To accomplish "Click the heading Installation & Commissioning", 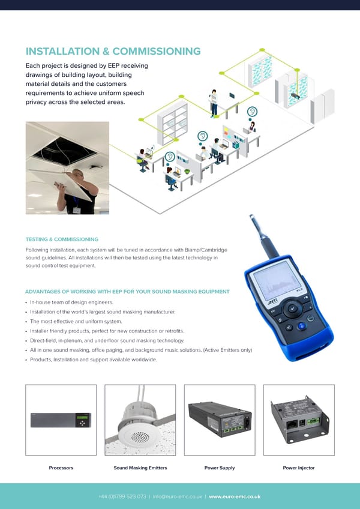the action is click(113, 51).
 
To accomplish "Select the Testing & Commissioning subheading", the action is click(62, 239).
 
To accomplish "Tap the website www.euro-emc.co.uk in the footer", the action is click(235, 496).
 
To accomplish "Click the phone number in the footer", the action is click(122, 496).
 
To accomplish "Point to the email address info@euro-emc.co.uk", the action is click(178, 496).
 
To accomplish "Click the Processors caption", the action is click(61, 468).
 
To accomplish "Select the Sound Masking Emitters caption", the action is click(140, 468).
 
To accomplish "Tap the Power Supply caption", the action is click(220, 468).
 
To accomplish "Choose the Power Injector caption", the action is click(299, 468).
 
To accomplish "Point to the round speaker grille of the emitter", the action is click(140, 437).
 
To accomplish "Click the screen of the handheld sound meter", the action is click(272, 280).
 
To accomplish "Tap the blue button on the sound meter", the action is click(302, 325).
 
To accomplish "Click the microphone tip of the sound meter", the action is click(252, 218).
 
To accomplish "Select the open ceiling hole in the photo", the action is click(65, 151).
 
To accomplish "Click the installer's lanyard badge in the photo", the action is click(77, 210).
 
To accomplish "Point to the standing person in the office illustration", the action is click(214, 104).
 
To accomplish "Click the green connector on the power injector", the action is click(314, 421).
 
